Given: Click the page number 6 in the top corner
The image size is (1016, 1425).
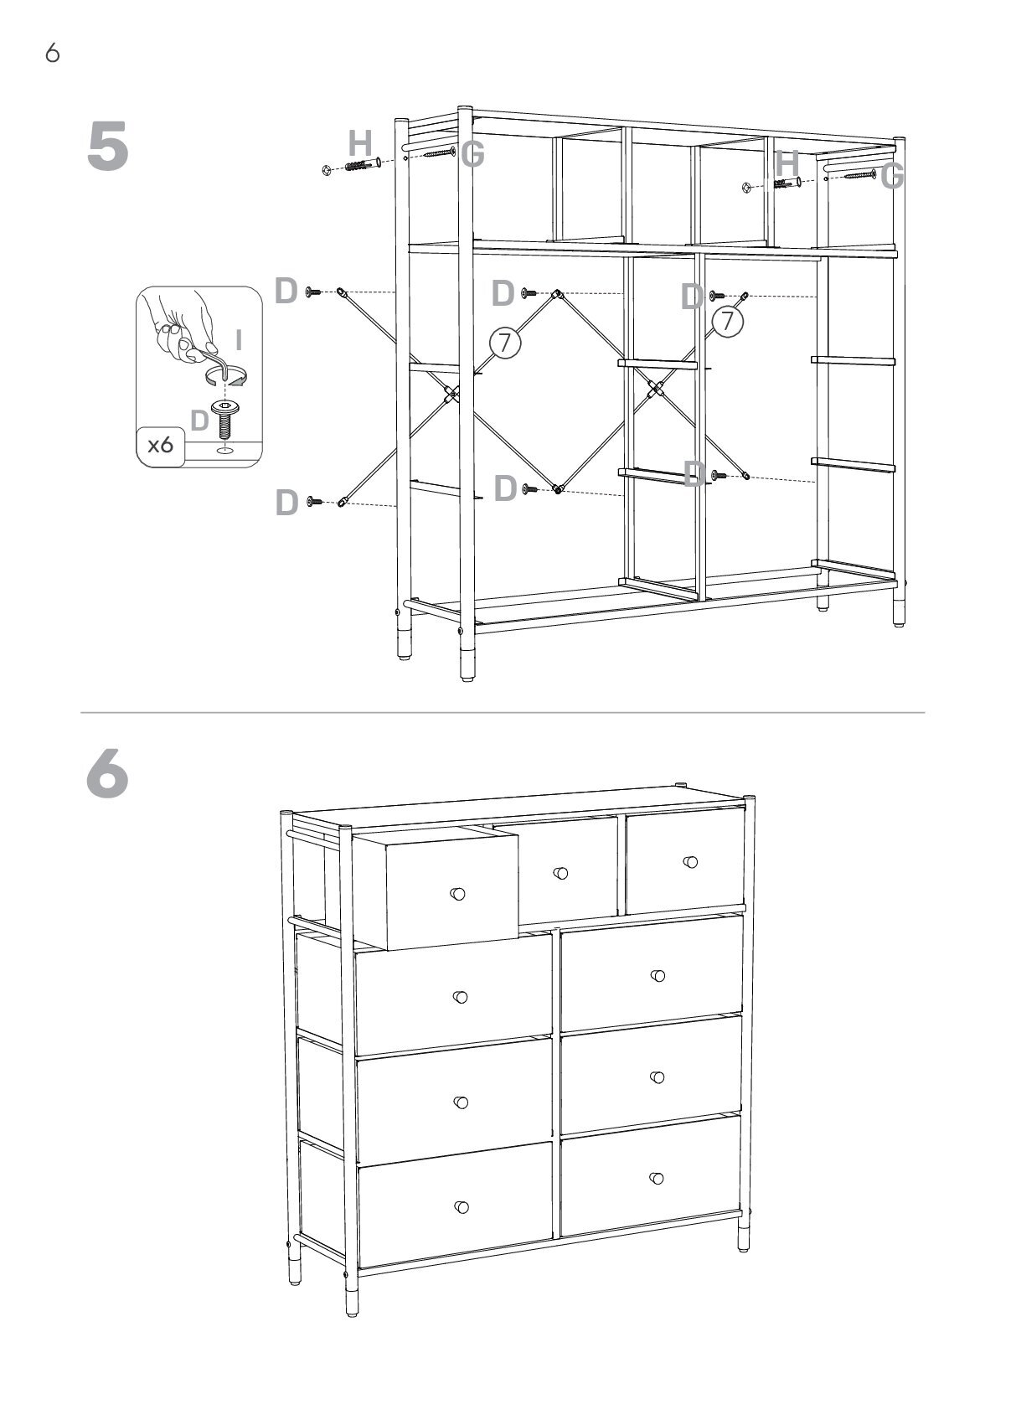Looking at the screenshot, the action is [52, 53].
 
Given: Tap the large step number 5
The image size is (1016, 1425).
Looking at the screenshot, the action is [107, 147].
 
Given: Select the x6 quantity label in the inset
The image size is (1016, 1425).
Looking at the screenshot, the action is [160, 444].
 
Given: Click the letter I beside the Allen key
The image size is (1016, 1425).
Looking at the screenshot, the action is [239, 340].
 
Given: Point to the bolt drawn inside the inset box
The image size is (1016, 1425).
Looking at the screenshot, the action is [224, 420].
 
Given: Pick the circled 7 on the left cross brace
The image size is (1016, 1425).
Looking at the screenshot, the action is [505, 343].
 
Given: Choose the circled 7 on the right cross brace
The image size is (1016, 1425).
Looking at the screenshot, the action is [727, 321].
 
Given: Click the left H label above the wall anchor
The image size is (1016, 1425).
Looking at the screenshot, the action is [360, 143].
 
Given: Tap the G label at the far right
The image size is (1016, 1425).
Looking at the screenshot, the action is [892, 176].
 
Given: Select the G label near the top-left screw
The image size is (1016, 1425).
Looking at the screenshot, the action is [472, 154].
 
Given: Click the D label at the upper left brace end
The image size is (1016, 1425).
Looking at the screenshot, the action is [286, 291].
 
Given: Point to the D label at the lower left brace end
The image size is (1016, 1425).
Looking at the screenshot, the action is [287, 502].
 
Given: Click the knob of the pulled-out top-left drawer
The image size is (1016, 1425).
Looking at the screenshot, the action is [457, 893].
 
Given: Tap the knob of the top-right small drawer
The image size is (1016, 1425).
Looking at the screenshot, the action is [690, 863].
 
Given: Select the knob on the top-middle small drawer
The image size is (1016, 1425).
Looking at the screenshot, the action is [560, 873].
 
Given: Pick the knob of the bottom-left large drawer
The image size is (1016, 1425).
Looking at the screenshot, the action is [462, 1207].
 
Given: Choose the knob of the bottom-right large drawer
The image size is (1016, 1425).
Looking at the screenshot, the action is [657, 1178].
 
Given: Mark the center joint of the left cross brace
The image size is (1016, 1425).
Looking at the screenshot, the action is [451, 394].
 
